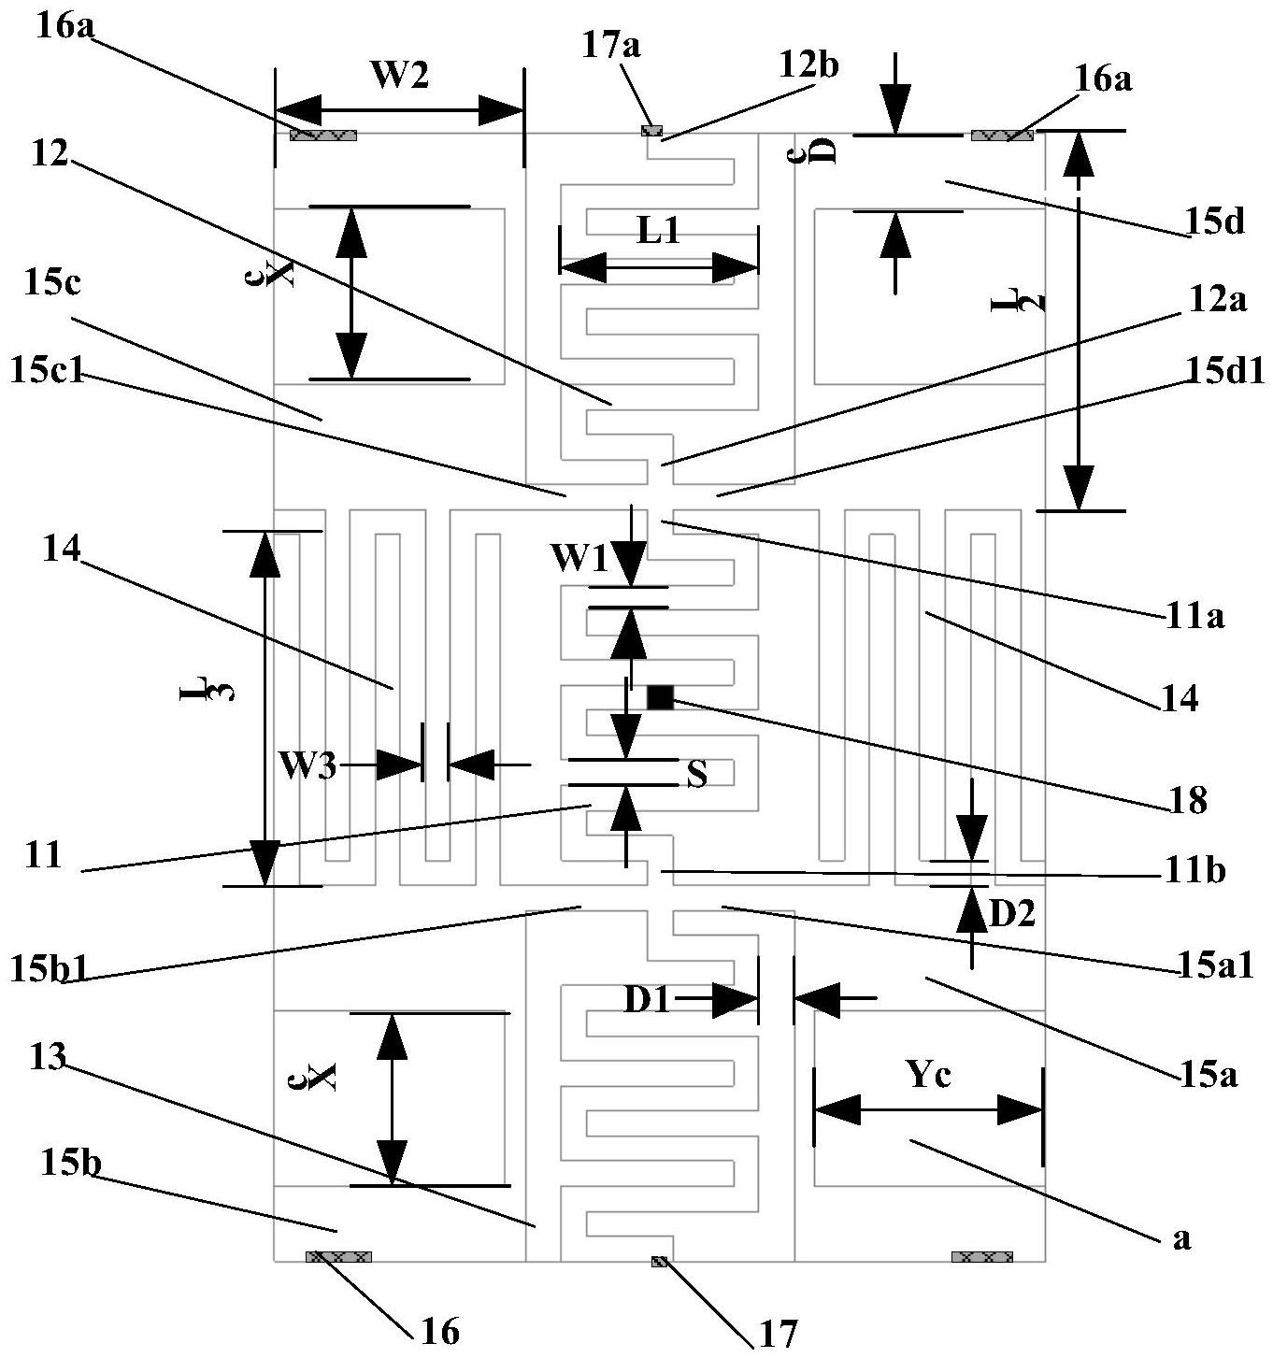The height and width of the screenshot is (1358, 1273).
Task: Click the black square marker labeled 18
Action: pyautogui.click(x=660, y=697)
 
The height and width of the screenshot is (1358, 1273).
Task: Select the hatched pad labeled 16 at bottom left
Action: pyautogui.click(x=338, y=1256)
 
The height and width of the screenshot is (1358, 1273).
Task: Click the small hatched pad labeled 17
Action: pyautogui.click(x=660, y=1262)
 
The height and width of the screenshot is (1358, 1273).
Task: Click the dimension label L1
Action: pyautogui.click(x=658, y=230)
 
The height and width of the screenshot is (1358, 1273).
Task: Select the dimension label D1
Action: pyautogui.click(x=648, y=1000)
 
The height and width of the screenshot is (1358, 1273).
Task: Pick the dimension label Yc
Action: pyautogui.click(x=928, y=1076)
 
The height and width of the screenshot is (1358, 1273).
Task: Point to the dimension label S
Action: pyautogui.click(x=697, y=773)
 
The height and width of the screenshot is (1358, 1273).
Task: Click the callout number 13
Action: pyautogui.click(x=48, y=1058)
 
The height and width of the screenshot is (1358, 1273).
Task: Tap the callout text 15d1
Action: pyautogui.click(x=1224, y=371)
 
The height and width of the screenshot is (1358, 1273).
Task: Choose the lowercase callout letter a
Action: pyautogui.click(x=1181, y=1239)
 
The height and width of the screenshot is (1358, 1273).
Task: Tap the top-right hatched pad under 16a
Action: pyautogui.click(x=1002, y=136)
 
